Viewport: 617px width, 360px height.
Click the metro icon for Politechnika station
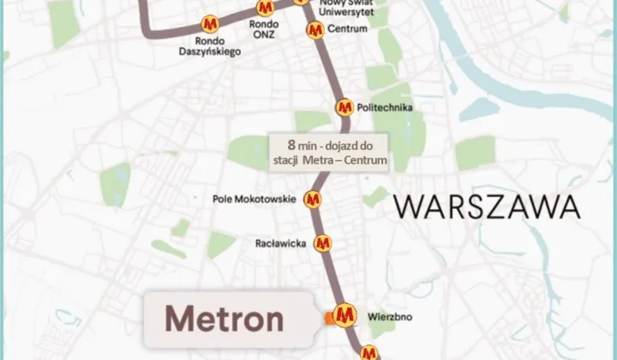(x=344, y=107)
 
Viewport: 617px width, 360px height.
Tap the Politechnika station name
(x=386, y=108)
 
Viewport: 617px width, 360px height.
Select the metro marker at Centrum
(x=314, y=30)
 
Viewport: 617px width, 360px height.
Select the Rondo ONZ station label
(x=264, y=29)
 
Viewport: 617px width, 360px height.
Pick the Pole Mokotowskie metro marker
(x=314, y=200)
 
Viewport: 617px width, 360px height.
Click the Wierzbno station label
(x=390, y=316)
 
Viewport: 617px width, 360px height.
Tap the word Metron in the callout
(x=224, y=319)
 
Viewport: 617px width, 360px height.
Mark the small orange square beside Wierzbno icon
(x=329, y=319)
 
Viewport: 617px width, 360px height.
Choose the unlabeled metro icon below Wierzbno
(x=368, y=352)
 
